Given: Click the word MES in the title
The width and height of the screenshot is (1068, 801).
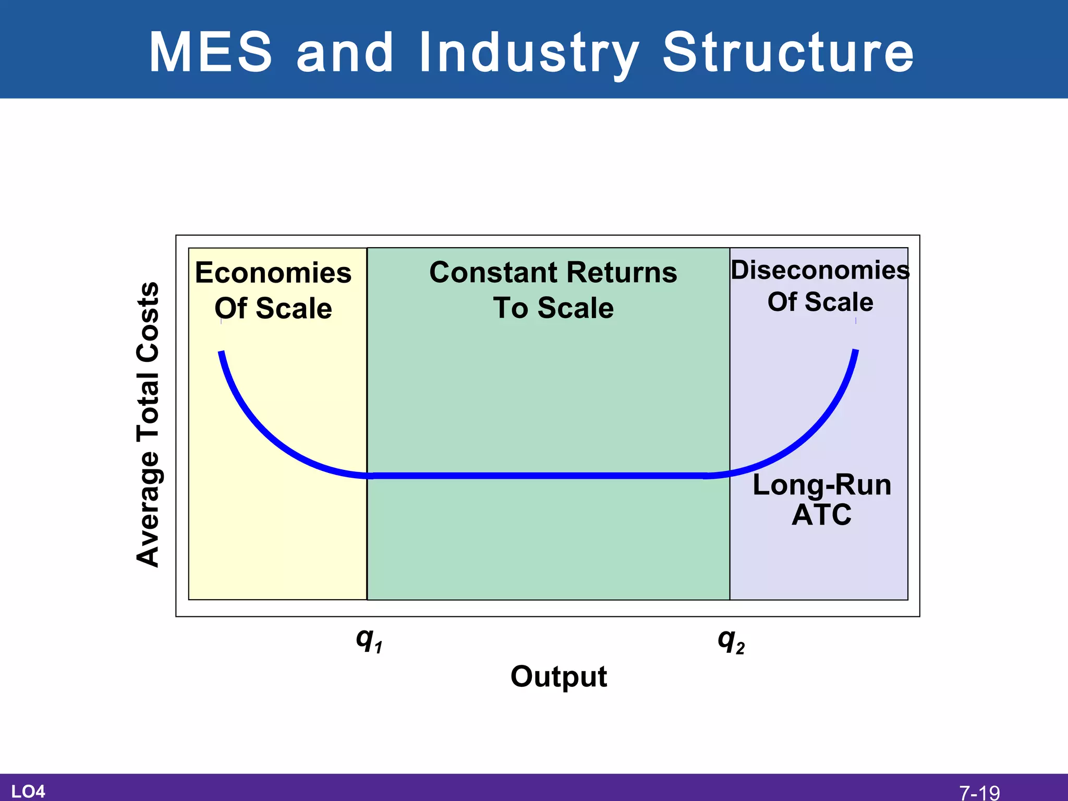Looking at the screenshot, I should click(211, 52).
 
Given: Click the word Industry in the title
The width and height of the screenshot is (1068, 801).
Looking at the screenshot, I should click(529, 52).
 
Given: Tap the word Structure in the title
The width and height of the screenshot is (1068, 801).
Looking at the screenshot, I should click(788, 52).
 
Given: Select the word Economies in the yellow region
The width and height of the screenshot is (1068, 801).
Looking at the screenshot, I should click(273, 273).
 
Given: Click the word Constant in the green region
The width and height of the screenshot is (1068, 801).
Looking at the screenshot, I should click(493, 273).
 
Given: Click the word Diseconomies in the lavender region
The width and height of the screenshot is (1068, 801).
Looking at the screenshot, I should click(820, 270).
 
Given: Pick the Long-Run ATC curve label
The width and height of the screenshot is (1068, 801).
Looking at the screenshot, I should click(822, 499).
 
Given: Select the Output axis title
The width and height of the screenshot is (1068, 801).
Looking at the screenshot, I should click(559, 677).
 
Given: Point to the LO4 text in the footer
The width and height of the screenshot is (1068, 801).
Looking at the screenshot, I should click(28, 792).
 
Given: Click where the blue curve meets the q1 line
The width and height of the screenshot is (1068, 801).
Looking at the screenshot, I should click(368, 476).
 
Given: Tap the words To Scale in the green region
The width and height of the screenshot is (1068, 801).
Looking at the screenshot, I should click(553, 308).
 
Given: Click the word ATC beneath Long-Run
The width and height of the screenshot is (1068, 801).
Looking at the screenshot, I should click(821, 515).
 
